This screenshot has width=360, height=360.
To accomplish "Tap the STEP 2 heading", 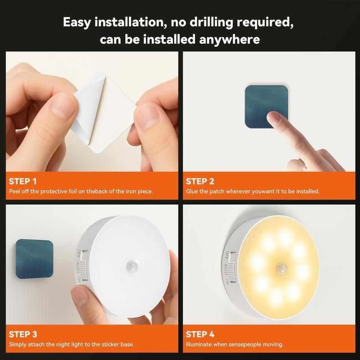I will coord(200,181).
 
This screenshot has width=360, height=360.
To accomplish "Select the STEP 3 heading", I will coord(23,334).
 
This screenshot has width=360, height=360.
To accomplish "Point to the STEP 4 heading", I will coord(200,334).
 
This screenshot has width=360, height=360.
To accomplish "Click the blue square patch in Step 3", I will coord(35,258).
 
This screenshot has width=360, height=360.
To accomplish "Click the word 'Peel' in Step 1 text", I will coord(14,191).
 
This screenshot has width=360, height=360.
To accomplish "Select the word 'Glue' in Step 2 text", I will coord(192,191).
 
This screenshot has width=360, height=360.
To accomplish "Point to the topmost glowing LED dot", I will coord(283,237).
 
